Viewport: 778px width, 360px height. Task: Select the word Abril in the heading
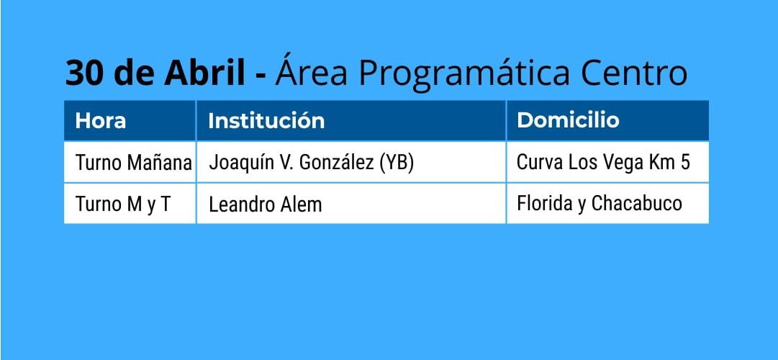click(x=204, y=73)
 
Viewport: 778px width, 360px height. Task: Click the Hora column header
click(x=101, y=121)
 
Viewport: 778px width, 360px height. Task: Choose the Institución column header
click(x=266, y=121)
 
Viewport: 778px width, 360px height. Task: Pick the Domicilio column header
click(x=568, y=120)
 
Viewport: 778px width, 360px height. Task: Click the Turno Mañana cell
click(x=133, y=163)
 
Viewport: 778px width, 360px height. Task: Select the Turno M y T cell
click(x=122, y=204)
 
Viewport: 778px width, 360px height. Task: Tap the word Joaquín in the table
click(x=240, y=163)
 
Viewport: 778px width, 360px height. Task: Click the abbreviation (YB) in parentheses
click(x=397, y=163)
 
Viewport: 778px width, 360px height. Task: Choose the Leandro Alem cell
click(x=266, y=204)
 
